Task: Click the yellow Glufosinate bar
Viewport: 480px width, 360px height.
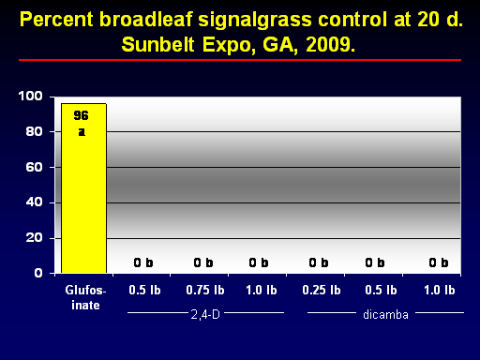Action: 83,188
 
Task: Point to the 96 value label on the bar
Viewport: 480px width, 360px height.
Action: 81,115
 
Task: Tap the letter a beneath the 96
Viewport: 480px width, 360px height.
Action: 82,132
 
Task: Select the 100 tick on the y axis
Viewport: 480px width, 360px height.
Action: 30,96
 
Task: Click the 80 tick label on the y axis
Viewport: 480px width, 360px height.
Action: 34,131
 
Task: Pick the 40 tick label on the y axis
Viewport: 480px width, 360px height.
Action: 34,202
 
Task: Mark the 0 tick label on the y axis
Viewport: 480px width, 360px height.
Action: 38,273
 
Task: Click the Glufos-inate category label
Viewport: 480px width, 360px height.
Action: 85,297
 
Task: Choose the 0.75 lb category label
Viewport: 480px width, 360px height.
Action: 205,291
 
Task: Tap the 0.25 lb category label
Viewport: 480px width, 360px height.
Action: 322,291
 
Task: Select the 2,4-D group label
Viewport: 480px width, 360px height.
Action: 205,314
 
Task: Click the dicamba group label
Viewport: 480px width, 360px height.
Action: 385,315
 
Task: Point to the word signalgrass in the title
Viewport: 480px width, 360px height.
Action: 255,21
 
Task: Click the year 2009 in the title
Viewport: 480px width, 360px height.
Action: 330,45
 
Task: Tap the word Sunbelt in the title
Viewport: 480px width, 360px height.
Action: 157,45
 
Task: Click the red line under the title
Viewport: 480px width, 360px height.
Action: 240,60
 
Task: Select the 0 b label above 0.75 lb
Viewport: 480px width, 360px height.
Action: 203,262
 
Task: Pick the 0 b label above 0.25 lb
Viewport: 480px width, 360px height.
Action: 319,262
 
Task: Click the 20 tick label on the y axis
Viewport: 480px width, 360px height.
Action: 34,238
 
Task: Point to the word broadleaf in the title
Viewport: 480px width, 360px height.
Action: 145,20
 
